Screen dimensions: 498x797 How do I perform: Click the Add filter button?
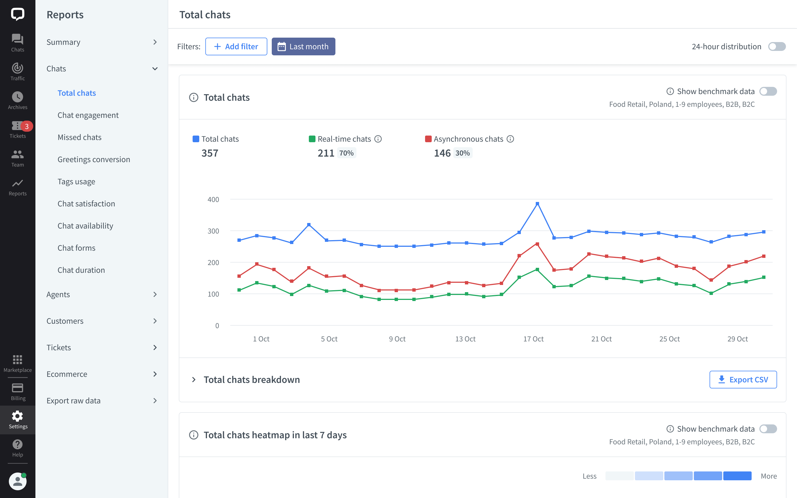pos(236,46)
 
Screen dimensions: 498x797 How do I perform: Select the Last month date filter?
pos(303,46)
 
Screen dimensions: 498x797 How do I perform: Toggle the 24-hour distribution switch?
pos(777,46)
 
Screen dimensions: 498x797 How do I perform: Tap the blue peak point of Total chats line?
pos(537,204)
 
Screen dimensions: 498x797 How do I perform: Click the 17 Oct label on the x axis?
pos(533,339)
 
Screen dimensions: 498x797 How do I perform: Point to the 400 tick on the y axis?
pos(213,199)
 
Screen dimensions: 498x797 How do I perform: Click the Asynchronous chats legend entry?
pos(468,139)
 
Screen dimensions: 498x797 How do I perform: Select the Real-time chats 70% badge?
pos(346,153)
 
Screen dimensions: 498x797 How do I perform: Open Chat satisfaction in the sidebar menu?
pos(86,204)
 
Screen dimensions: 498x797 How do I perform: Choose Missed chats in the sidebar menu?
pos(79,137)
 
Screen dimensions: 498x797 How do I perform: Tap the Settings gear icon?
pos(17,416)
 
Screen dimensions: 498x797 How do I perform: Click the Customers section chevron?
pos(155,321)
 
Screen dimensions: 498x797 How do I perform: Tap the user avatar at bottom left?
pos(17,481)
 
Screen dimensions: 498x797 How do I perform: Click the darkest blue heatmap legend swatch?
pos(737,476)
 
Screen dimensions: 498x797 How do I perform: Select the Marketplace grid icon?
pos(17,359)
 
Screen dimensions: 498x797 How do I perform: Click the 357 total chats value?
pos(210,153)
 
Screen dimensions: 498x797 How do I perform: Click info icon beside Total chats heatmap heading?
pos(194,435)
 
